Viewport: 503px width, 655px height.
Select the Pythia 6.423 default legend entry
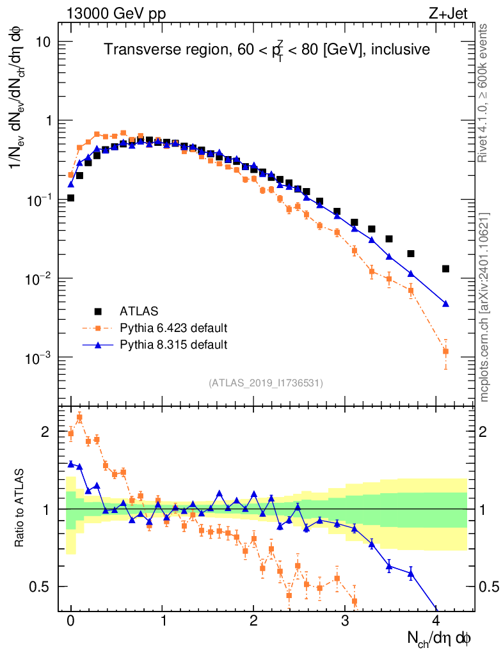[173, 329]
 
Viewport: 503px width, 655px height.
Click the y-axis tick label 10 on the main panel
[44, 42]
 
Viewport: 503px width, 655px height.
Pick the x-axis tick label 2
[254, 621]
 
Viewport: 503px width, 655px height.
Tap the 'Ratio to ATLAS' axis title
[20, 509]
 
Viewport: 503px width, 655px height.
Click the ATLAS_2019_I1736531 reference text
[266, 383]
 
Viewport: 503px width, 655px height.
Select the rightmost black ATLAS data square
[445, 269]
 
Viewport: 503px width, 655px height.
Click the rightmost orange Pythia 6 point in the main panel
[445, 351]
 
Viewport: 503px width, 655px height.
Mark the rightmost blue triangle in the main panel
[445, 303]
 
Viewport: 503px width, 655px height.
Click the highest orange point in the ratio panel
[79, 417]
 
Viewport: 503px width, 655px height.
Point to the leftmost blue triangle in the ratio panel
[71, 464]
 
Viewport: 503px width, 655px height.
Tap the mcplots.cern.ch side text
[484, 307]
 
